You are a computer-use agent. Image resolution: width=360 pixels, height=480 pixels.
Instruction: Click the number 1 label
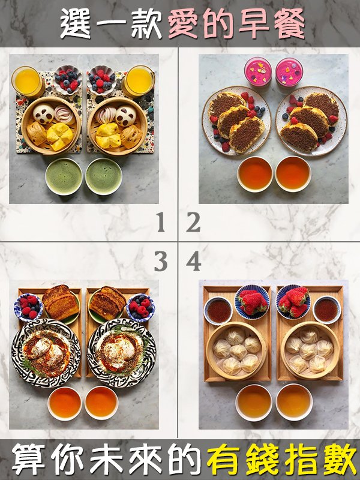tap(161, 222)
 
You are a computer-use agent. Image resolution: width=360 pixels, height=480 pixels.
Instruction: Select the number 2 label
tap(193, 222)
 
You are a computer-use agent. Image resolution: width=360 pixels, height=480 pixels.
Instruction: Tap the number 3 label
tap(161, 262)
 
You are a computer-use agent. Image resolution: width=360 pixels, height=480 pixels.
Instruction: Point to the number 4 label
tap(193, 262)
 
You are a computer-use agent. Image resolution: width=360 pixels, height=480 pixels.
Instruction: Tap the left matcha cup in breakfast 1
tap(64, 176)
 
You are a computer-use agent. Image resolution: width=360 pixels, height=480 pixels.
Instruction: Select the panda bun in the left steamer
tap(43, 113)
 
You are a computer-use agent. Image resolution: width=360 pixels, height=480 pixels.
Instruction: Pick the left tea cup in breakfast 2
tap(254, 174)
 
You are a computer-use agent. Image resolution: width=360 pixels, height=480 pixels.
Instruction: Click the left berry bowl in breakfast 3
tap(28, 307)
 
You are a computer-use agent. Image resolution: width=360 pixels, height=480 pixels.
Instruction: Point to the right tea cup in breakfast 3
tap(101, 403)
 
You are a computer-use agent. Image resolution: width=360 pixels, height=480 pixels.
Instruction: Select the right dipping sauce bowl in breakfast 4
tap(326, 310)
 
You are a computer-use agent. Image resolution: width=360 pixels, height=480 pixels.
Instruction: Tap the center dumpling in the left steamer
tap(238, 352)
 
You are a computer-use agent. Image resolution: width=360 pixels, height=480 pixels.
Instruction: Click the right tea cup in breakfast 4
tap(294, 402)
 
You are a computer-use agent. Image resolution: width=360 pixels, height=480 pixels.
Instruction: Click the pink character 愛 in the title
tap(184, 23)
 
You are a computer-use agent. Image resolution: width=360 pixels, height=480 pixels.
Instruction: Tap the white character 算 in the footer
tap(28, 460)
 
